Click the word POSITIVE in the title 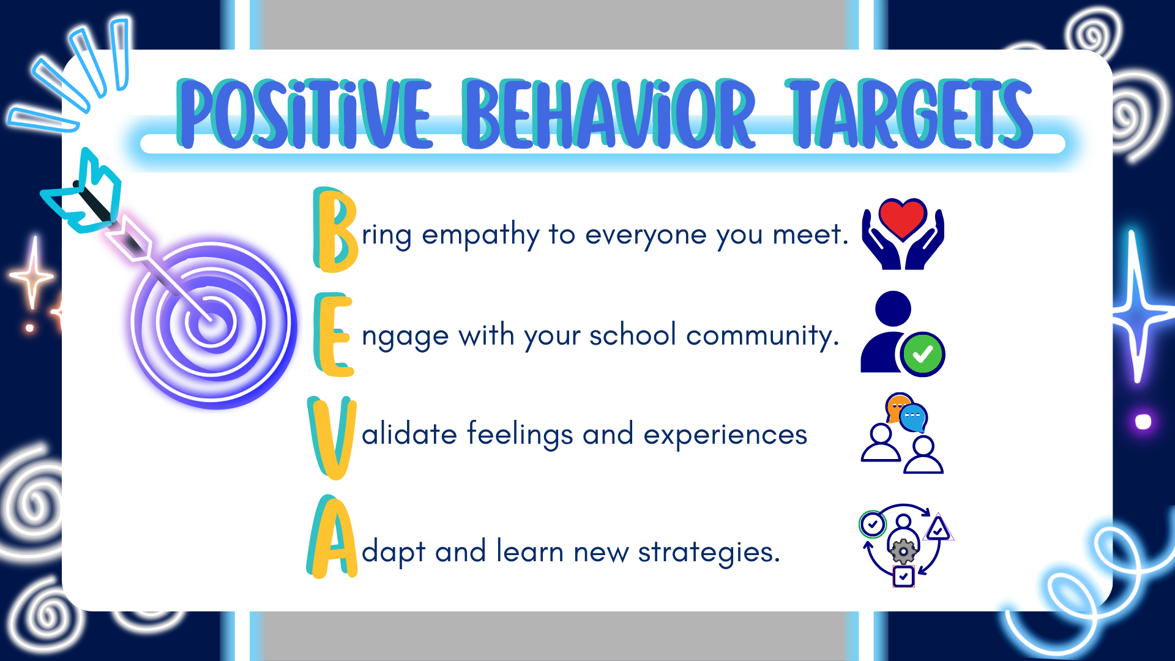click(304, 114)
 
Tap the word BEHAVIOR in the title click(608, 114)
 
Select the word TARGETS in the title click(910, 114)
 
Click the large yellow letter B click(335, 230)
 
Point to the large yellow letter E click(334, 334)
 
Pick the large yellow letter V click(332, 438)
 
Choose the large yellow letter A click(332, 537)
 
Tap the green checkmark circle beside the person click(922, 354)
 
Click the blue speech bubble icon click(914, 418)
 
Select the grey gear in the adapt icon click(903, 551)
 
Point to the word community click(763, 337)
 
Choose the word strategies click(709, 553)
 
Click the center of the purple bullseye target click(211, 321)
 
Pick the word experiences click(725, 435)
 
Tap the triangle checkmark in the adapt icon click(938, 528)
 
